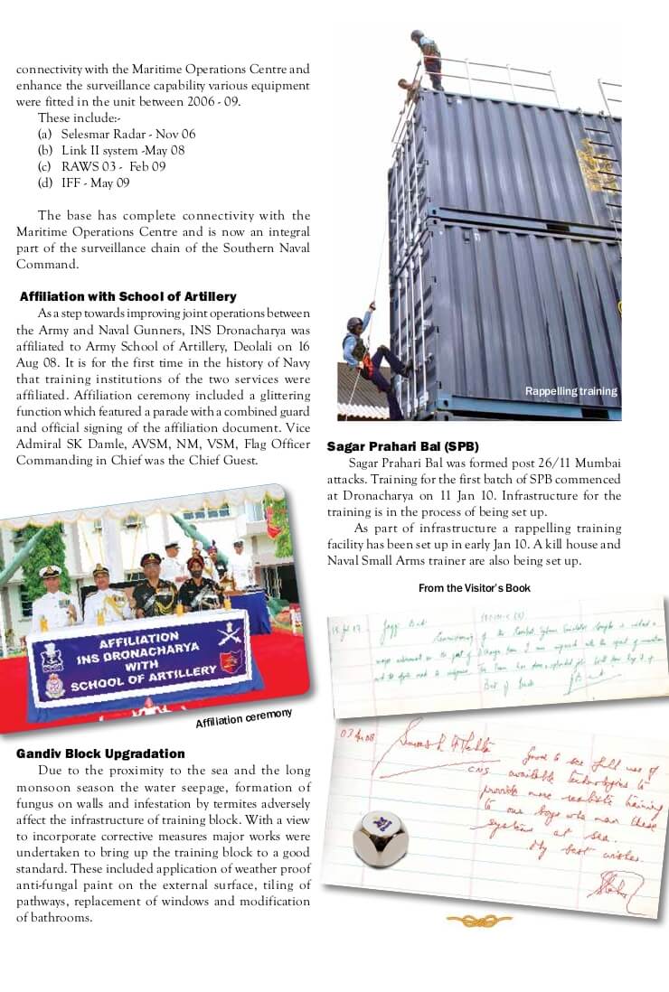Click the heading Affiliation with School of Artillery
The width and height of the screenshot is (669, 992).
tap(127, 297)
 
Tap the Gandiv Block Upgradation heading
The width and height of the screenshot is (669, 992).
tap(100, 753)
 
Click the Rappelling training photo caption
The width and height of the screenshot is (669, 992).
tap(570, 391)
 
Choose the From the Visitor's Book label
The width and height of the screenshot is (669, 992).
tap(474, 588)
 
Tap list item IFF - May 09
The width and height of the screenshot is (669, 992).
tap(95, 182)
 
